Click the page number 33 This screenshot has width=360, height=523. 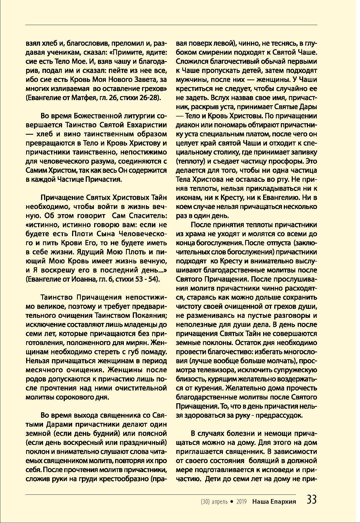click(x=312, y=500)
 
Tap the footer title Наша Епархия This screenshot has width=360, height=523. click(x=274, y=501)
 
